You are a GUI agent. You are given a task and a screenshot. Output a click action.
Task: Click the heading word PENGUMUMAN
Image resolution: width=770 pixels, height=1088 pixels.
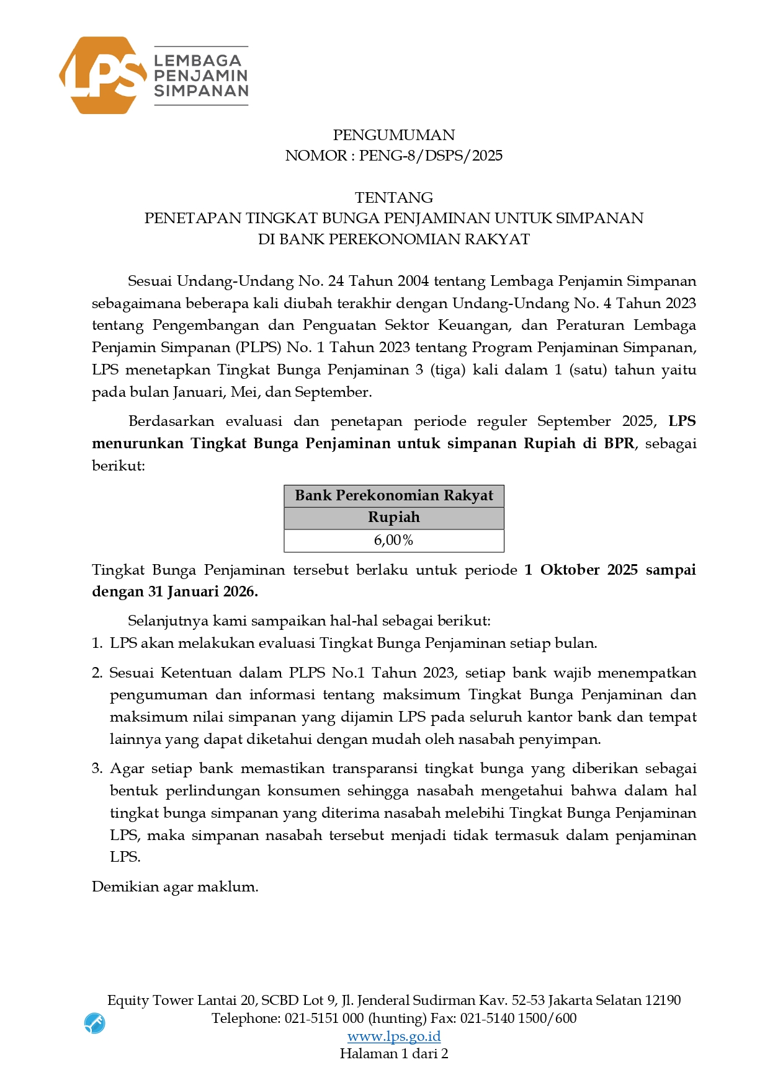[393, 135]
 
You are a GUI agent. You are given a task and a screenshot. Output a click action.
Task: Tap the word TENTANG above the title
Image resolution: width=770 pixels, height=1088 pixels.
[393, 198]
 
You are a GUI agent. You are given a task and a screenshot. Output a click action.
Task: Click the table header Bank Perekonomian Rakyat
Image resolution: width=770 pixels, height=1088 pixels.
[393, 496]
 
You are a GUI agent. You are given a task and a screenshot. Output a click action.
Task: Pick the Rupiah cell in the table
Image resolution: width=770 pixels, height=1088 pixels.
[393, 518]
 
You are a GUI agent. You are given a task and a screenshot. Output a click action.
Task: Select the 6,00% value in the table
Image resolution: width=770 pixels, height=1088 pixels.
[393, 541]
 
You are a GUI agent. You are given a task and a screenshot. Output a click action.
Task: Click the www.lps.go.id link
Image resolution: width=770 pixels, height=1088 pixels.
[393, 1036]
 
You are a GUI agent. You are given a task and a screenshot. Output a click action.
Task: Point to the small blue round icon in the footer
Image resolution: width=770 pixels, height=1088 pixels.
[94, 1023]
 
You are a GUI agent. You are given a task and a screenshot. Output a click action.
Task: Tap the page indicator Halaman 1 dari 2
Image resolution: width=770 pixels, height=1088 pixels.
[393, 1054]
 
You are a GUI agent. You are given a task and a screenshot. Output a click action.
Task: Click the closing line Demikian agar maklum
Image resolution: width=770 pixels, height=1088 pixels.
[174, 887]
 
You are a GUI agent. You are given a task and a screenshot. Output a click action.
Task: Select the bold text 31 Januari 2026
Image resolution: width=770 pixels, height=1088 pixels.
[202, 592]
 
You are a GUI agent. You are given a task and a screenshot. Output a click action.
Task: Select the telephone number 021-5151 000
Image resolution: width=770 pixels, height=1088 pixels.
[324, 1018]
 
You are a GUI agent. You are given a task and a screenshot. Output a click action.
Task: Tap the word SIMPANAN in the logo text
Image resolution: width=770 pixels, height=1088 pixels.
[201, 91]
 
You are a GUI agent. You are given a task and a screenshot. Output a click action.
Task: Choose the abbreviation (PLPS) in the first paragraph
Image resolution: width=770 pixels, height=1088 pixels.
[257, 348]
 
